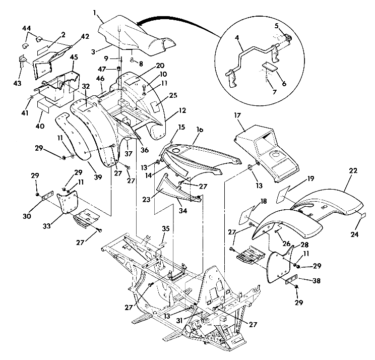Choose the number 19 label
(x=311, y=178)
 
